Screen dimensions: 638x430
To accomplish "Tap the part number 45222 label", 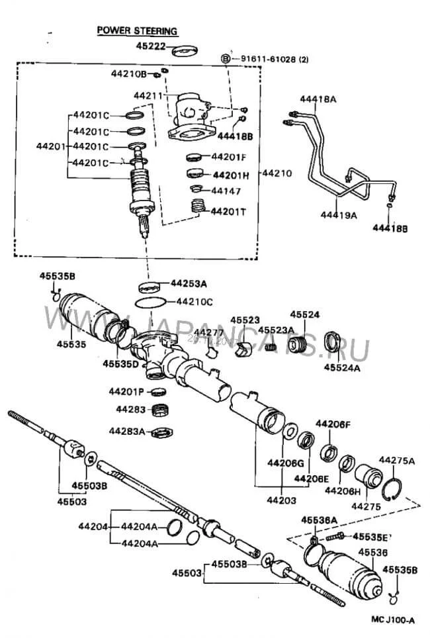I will coord(150,46).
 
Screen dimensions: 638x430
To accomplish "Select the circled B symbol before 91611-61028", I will coord(225,59).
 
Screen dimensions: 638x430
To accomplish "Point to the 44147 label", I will coord(226,191).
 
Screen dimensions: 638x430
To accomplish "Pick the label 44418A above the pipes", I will coord(318,99).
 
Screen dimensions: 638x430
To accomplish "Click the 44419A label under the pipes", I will coord(339,215).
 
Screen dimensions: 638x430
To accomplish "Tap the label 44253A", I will coord(189,283).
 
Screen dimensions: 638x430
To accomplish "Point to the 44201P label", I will coord(126,391).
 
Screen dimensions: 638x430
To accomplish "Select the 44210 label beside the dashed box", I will coord(277,173).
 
